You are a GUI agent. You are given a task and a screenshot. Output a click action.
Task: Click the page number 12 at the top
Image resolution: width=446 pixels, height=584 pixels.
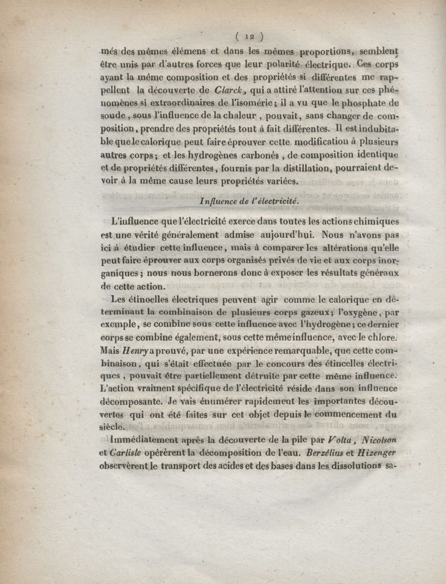point(243,37)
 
